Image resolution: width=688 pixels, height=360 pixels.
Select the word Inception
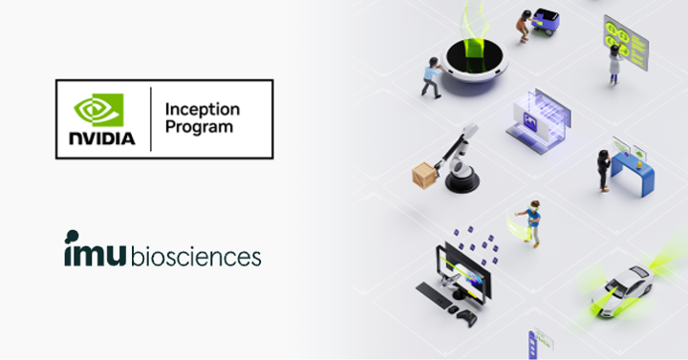[x=202, y=108]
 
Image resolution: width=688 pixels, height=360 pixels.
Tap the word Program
[x=199, y=127]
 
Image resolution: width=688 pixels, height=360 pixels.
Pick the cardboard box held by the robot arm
[x=422, y=176]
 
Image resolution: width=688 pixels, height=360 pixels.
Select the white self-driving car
[x=629, y=282]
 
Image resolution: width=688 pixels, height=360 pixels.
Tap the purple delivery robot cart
[x=546, y=21]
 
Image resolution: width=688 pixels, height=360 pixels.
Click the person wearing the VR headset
[x=532, y=224]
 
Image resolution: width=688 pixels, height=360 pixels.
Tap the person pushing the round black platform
[x=432, y=76]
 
